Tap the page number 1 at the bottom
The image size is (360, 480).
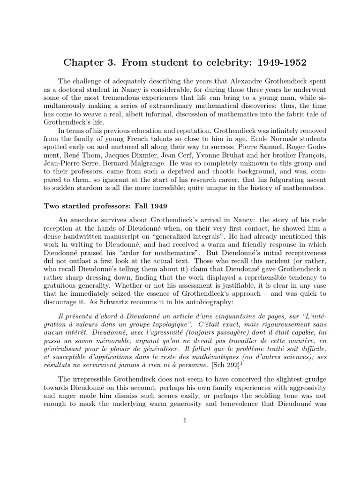point(186,420)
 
